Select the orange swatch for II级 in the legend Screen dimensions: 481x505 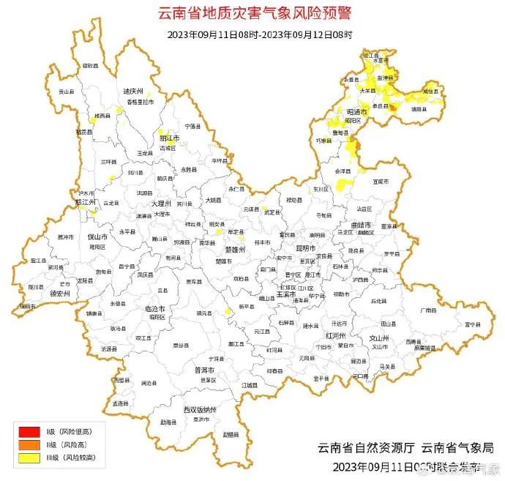pyautogui.click(x=29, y=444)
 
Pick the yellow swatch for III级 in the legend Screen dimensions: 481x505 pyautogui.click(x=29, y=457)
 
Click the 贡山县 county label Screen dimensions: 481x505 pyautogui.click(x=67, y=92)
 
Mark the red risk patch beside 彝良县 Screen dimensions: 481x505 pyautogui.click(x=392, y=108)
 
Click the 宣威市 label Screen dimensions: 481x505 pyautogui.click(x=381, y=181)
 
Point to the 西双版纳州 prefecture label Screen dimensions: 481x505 pyautogui.click(x=200, y=409)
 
